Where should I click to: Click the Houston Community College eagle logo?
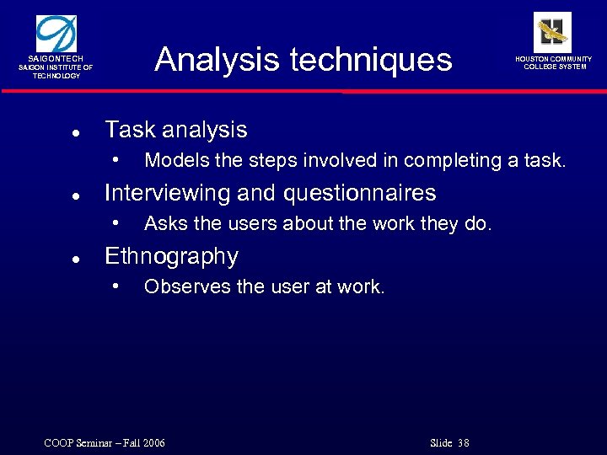[552, 32]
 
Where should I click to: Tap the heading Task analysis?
[175, 130]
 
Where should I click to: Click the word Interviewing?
[167, 193]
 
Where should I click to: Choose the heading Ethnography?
[171, 256]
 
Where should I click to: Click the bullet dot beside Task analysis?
[76, 132]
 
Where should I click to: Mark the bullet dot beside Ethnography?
[76, 259]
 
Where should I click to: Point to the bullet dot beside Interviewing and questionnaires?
[76, 195]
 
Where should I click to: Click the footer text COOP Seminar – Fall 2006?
[105, 443]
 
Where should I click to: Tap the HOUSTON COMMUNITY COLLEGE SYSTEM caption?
[554, 62]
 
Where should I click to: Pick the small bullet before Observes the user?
[116, 286]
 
